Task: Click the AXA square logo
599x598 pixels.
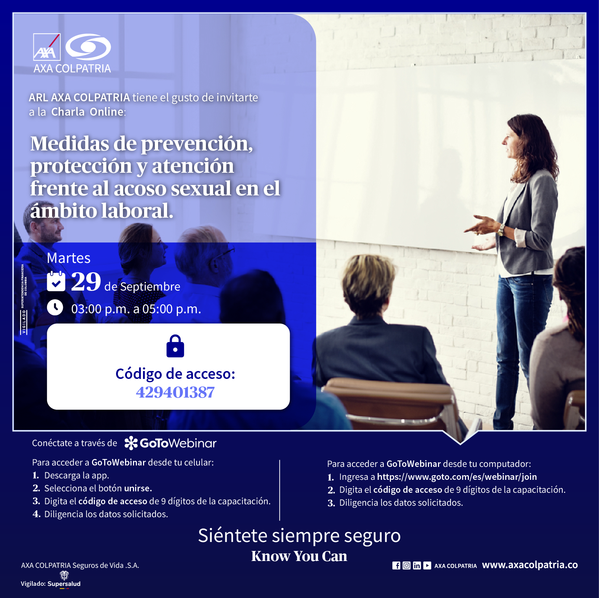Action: coord(47,47)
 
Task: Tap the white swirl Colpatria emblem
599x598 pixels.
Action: coord(88,47)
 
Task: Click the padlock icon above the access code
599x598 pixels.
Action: coord(175,346)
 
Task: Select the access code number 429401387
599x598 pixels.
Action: coord(175,392)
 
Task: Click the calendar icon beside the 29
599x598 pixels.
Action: coord(56,281)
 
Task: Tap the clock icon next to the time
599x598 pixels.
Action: coord(55,307)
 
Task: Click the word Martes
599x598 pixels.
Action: coord(69,258)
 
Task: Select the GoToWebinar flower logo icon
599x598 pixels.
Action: coord(131,443)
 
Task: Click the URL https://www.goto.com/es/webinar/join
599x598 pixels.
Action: coord(457,477)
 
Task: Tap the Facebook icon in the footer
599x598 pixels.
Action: coord(396,566)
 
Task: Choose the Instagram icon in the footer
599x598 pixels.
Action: coord(406,566)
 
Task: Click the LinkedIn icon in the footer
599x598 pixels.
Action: coord(417,566)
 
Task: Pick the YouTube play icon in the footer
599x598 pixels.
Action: coord(427,566)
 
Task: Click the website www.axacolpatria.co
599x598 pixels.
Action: coord(530,565)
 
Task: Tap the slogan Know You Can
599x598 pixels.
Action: coord(299,556)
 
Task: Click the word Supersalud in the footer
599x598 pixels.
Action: coord(64,584)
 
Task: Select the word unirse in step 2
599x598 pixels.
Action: coord(138,488)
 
